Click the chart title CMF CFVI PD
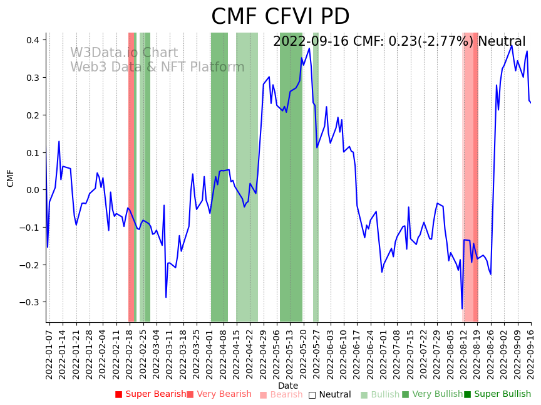point(280,17)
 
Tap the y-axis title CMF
point(11,178)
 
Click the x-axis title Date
point(288,386)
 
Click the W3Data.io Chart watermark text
point(123,53)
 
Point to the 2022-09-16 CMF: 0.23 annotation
point(399,42)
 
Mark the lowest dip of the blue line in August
point(462,308)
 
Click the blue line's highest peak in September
point(512,45)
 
